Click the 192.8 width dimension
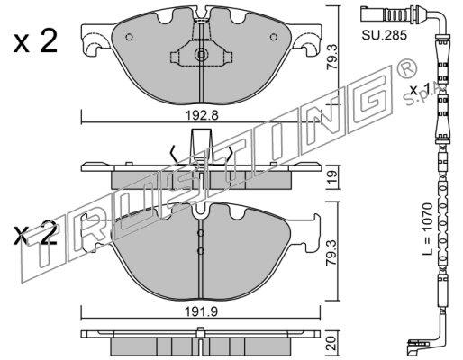tap(200, 114)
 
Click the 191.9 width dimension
tap(200, 311)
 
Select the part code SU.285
tap(384, 35)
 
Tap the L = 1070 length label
tap(428, 229)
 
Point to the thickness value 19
tap(331, 178)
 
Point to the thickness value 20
tap(331, 343)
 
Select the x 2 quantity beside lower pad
tap(35, 232)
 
